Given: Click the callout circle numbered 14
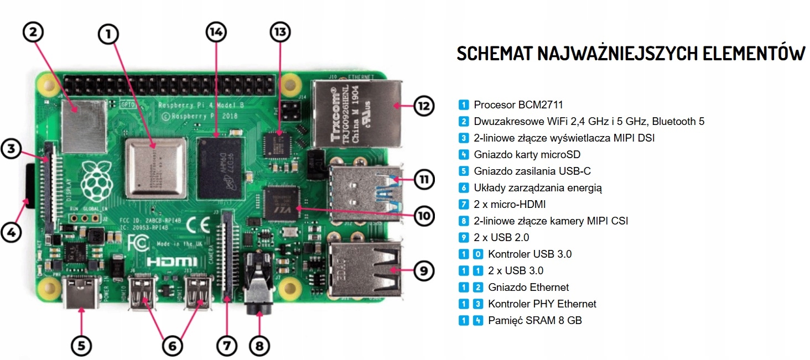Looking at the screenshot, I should [x=216, y=33].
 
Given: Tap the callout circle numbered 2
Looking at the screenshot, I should [x=33, y=32].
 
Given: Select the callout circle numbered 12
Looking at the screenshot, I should [x=423, y=106].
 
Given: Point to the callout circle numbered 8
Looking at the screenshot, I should [x=259, y=346].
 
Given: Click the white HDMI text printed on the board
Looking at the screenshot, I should [x=172, y=262].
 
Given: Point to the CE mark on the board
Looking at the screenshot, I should [x=198, y=225].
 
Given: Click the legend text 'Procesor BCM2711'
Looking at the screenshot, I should [x=518, y=105].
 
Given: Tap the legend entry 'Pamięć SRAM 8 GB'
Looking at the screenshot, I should [x=534, y=320].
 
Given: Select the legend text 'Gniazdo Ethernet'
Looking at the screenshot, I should [x=528, y=287].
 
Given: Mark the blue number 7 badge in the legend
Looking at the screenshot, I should [x=464, y=205].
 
